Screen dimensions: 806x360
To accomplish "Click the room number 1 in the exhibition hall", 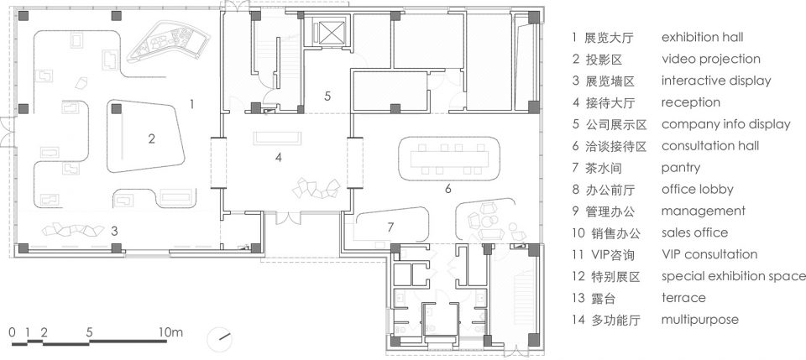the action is click(191, 104).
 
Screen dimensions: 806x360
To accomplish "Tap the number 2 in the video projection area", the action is click(151, 138).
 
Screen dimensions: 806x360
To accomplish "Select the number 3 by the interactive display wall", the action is click(114, 231).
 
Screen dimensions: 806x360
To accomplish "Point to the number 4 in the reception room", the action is click(278, 157).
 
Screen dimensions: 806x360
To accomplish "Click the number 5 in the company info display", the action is click(328, 96).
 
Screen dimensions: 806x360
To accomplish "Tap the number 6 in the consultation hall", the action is click(447, 189).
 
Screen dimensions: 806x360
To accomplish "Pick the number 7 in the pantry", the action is click(390, 227).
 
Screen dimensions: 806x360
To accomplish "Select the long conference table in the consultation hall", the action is click(448, 159).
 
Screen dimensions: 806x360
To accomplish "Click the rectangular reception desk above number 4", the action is click(277, 138).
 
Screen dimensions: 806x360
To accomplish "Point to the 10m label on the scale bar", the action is click(170, 332).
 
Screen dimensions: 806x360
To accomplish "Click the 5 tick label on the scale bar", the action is click(90, 332).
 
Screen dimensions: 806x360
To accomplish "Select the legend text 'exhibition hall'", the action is click(702, 38).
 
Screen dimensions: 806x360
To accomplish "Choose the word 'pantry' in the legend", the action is click(681, 168).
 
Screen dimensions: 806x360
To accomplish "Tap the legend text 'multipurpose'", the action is click(699, 320).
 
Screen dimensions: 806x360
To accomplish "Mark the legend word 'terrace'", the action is click(683, 298).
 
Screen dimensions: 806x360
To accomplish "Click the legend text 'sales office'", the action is click(694, 232).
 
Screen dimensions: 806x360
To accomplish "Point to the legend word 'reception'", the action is click(690, 102).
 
